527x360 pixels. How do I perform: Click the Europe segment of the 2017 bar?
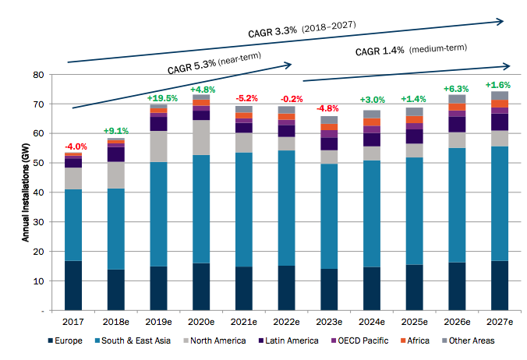74,285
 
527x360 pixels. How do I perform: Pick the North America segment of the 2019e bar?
159,146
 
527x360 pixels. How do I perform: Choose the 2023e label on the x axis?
329,320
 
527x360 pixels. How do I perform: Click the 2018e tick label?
117,320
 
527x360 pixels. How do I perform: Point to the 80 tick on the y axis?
37,75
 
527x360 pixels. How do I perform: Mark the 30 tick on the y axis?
37,222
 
